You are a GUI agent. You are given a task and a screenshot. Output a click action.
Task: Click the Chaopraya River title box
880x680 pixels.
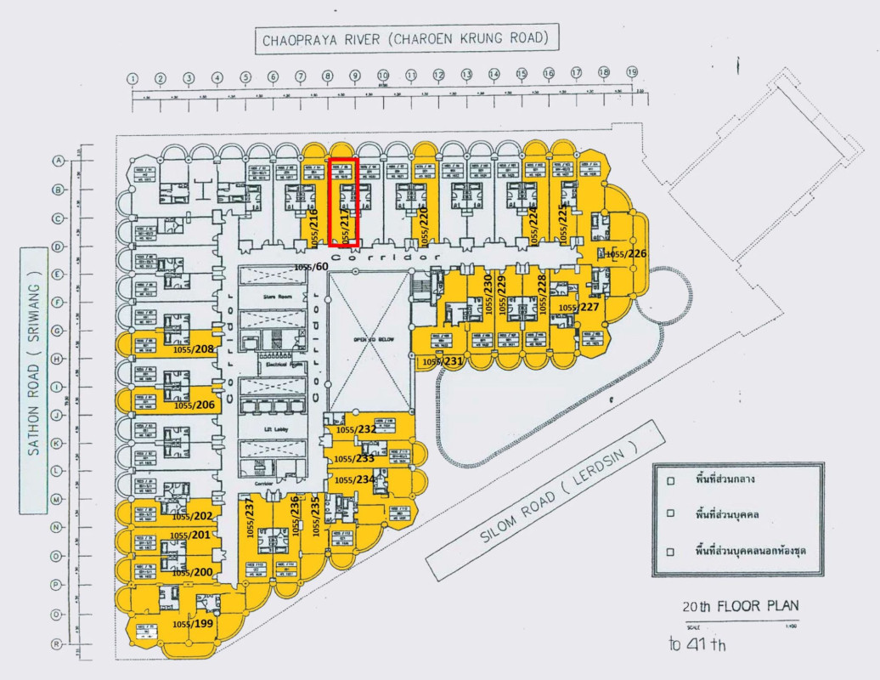407,39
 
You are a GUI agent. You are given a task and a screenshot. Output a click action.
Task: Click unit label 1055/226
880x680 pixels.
623,253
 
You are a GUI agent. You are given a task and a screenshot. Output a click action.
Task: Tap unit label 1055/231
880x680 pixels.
443,361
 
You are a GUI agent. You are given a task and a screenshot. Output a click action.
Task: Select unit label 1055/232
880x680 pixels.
356,430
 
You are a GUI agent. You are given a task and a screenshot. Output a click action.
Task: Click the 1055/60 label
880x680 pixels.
311,266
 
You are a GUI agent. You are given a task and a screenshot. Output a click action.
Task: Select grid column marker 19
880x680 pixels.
631,72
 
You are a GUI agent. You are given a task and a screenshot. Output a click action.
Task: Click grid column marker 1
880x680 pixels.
133,79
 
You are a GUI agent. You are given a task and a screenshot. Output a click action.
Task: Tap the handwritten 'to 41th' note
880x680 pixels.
697,643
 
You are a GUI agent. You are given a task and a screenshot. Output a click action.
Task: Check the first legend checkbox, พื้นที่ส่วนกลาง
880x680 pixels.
670,480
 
